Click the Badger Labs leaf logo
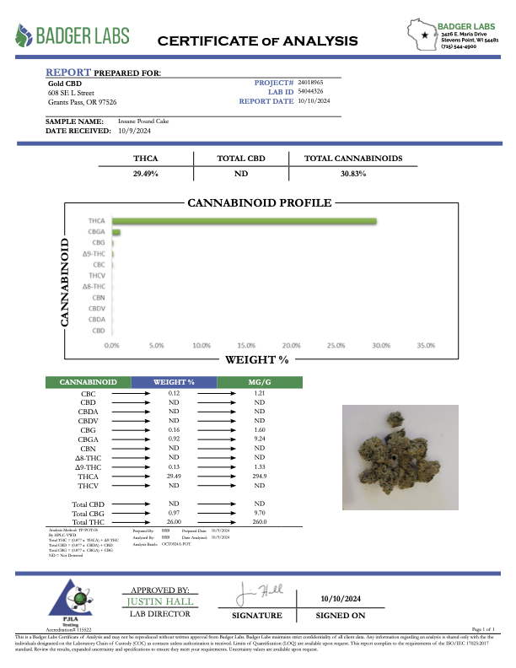[x=24, y=35]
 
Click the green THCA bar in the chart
[x=244, y=221]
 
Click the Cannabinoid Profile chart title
[x=258, y=203]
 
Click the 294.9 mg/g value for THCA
[x=260, y=476]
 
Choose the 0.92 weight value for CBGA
[x=175, y=439]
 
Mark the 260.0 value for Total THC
[x=260, y=522]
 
